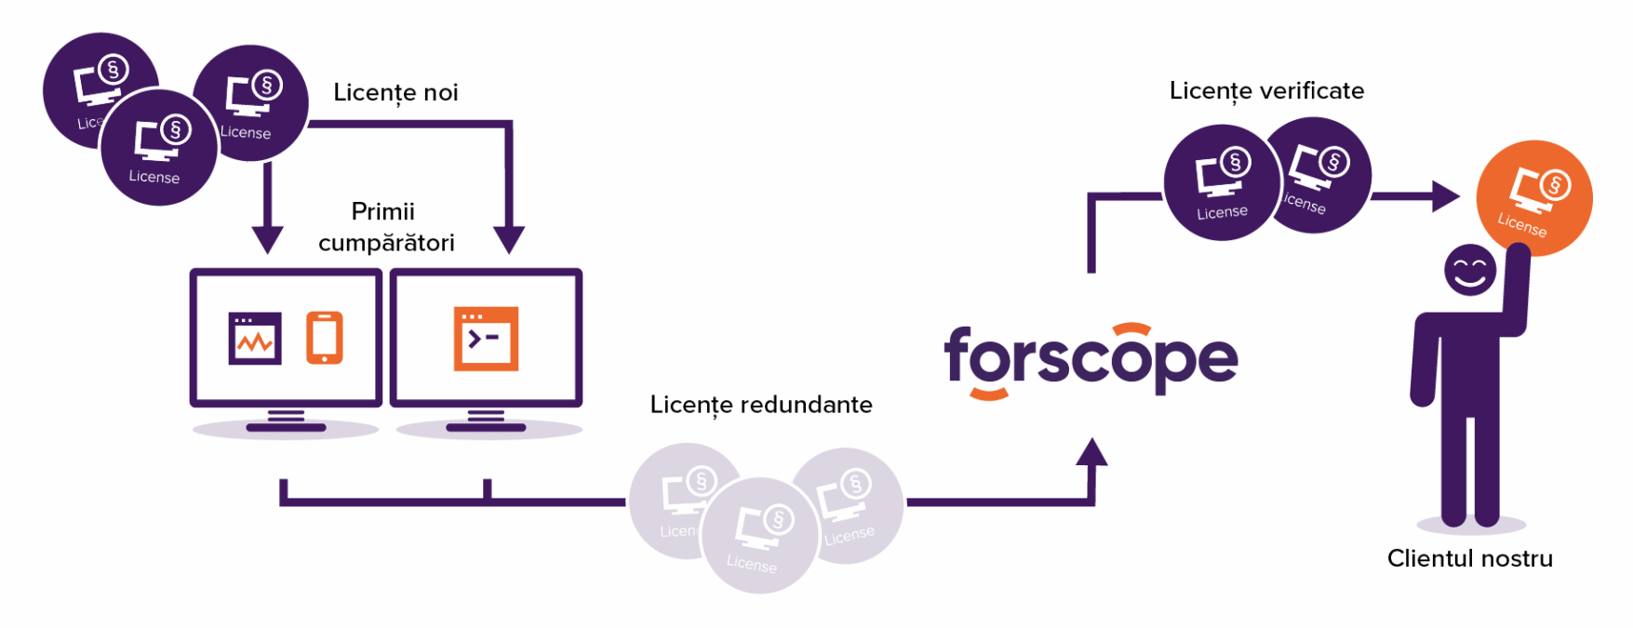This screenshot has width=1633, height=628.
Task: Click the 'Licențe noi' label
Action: (395, 93)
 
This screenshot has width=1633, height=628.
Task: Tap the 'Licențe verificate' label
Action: (1266, 91)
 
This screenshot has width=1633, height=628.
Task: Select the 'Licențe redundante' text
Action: (760, 405)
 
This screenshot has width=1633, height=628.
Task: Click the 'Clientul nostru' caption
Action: (1469, 558)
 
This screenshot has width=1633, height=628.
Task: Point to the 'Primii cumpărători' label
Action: (385, 227)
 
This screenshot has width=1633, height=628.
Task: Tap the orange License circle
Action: (1533, 198)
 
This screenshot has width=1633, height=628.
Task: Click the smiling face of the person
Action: (1470, 270)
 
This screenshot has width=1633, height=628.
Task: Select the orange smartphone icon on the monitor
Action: (325, 338)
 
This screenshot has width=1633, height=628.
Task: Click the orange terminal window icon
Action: (486, 339)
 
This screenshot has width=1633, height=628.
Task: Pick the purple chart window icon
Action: (255, 339)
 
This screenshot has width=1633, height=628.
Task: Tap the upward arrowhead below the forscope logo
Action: (1091, 452)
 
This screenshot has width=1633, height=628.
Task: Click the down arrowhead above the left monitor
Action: (268, 239)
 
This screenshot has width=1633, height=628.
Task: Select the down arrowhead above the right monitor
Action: (509, 239)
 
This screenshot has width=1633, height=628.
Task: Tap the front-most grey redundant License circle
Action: (758, 535)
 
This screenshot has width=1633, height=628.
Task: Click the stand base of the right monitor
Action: (486, 427)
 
